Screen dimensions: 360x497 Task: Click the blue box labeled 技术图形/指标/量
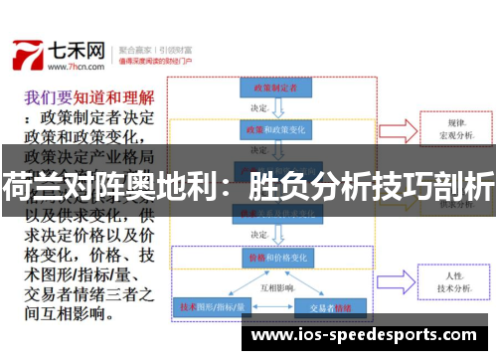tap(211, 306)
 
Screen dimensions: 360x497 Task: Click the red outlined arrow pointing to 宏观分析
tap(398, 129)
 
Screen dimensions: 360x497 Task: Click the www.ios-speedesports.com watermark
tap(365, 335)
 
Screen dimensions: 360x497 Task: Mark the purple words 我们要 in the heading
tap(47, 97)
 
